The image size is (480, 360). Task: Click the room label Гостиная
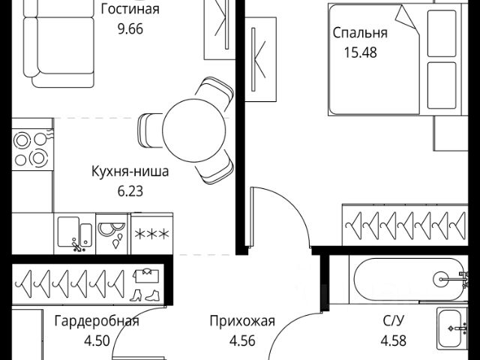point(130,9)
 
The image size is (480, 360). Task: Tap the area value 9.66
point(130,29)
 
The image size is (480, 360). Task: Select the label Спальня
point(360,33)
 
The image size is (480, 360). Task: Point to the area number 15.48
point(360,52)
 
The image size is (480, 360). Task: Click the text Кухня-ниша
point(130,172)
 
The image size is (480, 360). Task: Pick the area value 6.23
point(130,191)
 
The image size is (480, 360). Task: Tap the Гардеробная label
point(97,321)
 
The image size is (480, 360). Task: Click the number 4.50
point(97,340)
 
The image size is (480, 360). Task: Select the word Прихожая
point(242,321)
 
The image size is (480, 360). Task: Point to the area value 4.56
point(242,340)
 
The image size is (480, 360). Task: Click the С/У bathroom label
point(394,321)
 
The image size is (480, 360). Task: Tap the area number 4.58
point(394,340)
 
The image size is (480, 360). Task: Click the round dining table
point(193,130)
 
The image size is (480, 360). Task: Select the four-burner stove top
point(33,149)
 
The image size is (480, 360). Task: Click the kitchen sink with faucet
point(75,233)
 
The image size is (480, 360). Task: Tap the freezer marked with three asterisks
point(152,233)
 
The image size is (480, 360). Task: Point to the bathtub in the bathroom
point(409,279)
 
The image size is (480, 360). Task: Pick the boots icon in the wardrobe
point(145,295)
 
